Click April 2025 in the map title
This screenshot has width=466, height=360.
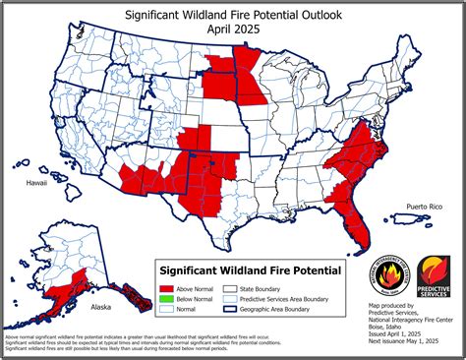coord(233,31)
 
